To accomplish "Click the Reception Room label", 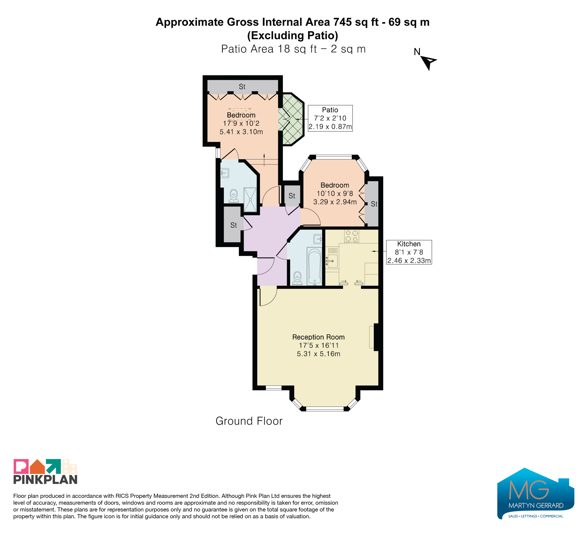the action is click(318, 337).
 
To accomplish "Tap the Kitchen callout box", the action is click(409, 252).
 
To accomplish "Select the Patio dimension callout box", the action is click(330, 118).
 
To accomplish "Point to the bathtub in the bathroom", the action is click(314, 266).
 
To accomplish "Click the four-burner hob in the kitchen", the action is click(351, 236).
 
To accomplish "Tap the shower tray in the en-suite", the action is click(250, 200).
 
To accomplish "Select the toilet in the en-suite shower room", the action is click(234, 196).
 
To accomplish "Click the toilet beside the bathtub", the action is click(297, 278).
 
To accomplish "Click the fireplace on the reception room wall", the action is click(374, 337).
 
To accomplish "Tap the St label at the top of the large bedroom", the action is click(242, 87).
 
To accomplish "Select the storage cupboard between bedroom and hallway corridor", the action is click(292, 196).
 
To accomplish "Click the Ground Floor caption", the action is click(249, 421).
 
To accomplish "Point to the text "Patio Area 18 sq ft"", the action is click(269, 49).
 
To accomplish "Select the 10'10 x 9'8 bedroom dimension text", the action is click(335, 193).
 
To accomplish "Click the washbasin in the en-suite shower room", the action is click(224, 173).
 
